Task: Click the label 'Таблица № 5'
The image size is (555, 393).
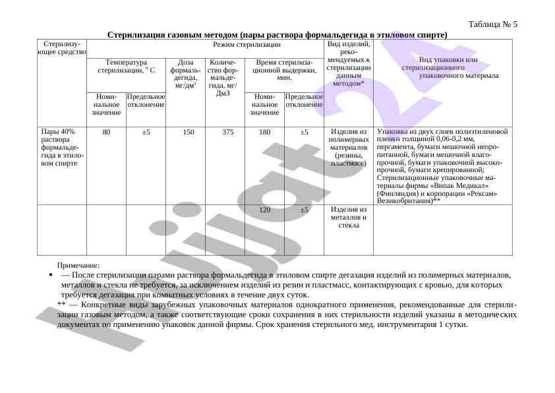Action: [x=492, y=24]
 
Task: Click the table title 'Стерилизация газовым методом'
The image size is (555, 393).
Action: [x=277, y=34]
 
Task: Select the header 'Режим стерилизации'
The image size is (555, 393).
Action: [x=247, y=45]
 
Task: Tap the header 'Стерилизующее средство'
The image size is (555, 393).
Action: [x=62, y=47]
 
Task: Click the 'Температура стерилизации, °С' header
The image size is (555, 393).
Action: [x=126, y=65]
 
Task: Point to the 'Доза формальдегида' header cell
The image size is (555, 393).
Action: [x=185, y=74]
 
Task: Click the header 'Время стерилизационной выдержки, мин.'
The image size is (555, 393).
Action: [x=284, y=69]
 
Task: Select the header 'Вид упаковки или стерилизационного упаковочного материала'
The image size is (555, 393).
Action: [x=442, y=68]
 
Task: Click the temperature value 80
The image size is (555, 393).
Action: [x=106, y=132]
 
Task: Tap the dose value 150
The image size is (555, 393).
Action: [x=189, y=132]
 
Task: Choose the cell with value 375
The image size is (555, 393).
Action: [x=228, y=132]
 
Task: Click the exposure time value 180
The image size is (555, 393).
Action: [x=265, y=132]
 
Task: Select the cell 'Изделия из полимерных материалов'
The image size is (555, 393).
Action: [x=349, y=147]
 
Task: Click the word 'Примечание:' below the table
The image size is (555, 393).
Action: [x=78, y=265]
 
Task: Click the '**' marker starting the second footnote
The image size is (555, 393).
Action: [x=61, y=305]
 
